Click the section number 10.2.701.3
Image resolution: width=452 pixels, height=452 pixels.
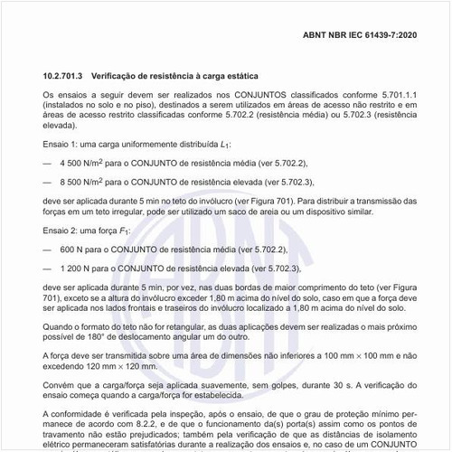pos(67,77)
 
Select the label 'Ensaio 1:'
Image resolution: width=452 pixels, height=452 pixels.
pos(61,144)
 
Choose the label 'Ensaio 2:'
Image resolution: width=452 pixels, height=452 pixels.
pos(61,231)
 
